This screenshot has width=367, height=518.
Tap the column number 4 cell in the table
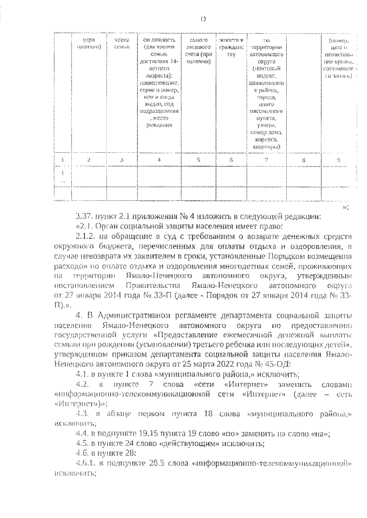(158, 160)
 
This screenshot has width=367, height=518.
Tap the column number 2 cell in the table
(88, 160)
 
